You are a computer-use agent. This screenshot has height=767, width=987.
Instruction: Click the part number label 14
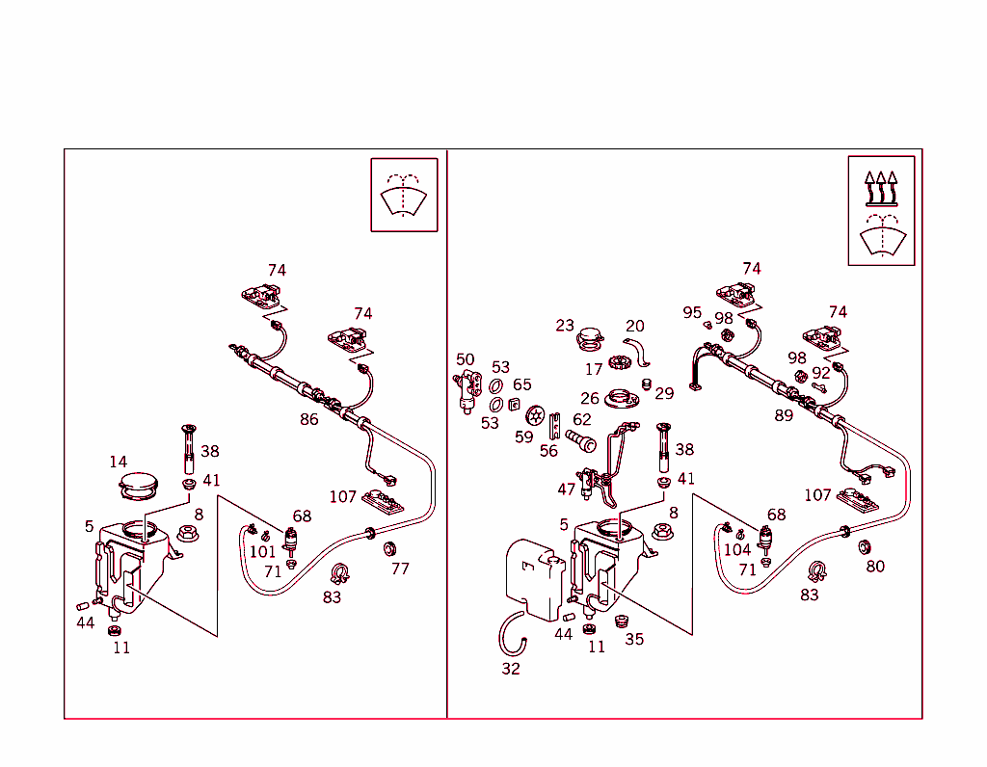tap(119, 462)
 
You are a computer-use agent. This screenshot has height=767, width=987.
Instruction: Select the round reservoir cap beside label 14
tap(139, 487)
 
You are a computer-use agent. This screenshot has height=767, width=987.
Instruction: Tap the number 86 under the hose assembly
tap(309, 419)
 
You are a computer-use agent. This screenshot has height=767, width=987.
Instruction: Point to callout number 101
tap(262, 552)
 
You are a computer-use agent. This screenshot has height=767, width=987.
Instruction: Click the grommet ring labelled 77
tap(389, 548)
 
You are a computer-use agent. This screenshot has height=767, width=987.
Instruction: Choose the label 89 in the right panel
tap(784, 415)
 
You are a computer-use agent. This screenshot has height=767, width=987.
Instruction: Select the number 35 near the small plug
tap(634, 639)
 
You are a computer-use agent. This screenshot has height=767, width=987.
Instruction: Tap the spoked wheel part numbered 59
tap(535, 415)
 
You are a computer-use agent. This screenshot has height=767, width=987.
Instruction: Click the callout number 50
tap(466, 359)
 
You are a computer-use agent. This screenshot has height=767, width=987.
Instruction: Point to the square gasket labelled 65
tap(514, 405)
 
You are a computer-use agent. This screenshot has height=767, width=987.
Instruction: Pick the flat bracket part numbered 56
tap(554, 426)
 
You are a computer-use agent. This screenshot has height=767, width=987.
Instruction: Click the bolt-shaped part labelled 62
tap(581, 440)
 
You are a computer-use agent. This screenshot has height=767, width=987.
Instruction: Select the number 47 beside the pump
tap(567, 489)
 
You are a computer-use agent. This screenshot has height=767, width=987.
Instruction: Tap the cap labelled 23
tap(590, 339)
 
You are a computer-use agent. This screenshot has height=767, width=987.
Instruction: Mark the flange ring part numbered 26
tap(622, 399)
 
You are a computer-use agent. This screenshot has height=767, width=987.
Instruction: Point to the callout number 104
tap(737, 550)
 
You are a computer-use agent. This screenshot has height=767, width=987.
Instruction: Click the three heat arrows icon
tap(881, 189)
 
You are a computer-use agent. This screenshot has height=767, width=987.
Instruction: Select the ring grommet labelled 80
tap(865, 546)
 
